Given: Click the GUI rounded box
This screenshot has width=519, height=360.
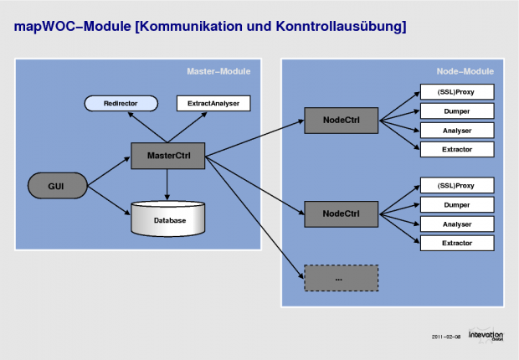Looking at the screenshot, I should pos(57,186).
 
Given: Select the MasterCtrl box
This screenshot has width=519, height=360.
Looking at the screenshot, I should pos(167,155).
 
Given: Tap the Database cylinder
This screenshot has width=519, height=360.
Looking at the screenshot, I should pos(168,219).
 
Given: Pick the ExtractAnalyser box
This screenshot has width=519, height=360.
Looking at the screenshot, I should pos(213,104).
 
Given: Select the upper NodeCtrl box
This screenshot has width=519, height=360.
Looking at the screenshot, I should pos(341,120).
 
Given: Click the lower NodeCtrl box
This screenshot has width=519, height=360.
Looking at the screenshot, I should pos(341,214).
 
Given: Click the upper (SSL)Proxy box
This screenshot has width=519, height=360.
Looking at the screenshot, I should pos(457,91).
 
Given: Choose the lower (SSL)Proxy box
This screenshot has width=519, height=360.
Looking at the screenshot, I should pos(457,185).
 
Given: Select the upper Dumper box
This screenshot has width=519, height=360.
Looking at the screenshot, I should pos(457,111).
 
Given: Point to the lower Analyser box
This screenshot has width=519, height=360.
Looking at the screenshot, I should pos(457,224).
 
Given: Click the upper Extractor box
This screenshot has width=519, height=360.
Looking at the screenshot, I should pos(457,149).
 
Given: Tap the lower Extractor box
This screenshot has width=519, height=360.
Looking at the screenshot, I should pos(457,243).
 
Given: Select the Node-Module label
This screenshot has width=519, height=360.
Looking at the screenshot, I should pos(467,71).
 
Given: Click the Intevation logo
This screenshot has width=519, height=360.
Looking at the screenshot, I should pos(486,335).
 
